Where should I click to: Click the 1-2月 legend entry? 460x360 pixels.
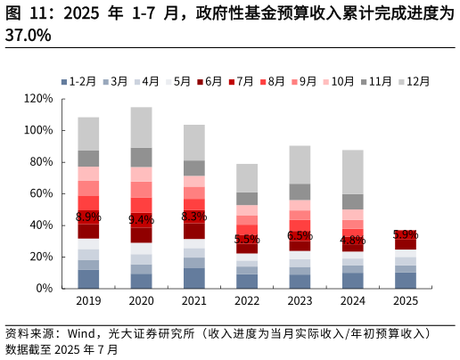tap(81, 81)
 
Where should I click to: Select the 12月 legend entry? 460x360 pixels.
tap(414, 81)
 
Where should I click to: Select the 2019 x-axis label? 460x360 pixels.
tap(88, 301)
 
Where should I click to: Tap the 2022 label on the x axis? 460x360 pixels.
tap(247, 301)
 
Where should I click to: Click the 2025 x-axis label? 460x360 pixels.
tap(406, 301)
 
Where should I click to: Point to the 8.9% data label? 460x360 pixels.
tap(88, 217)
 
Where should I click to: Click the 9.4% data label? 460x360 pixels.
tap(141, 219)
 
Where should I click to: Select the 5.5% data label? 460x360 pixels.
tap(247, 239)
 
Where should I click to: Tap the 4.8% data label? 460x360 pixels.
tap(353, 240)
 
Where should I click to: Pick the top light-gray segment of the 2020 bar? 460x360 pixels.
tap(141, 127)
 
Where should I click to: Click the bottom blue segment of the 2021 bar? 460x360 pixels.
tap(194, 278)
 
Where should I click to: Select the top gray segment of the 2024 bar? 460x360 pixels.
tap(353, 172)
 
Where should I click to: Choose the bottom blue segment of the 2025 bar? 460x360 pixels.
tap(406, 280)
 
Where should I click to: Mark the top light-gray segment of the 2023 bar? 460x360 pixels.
tap(300, 165)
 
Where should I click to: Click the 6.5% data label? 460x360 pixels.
tap(300, 235)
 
